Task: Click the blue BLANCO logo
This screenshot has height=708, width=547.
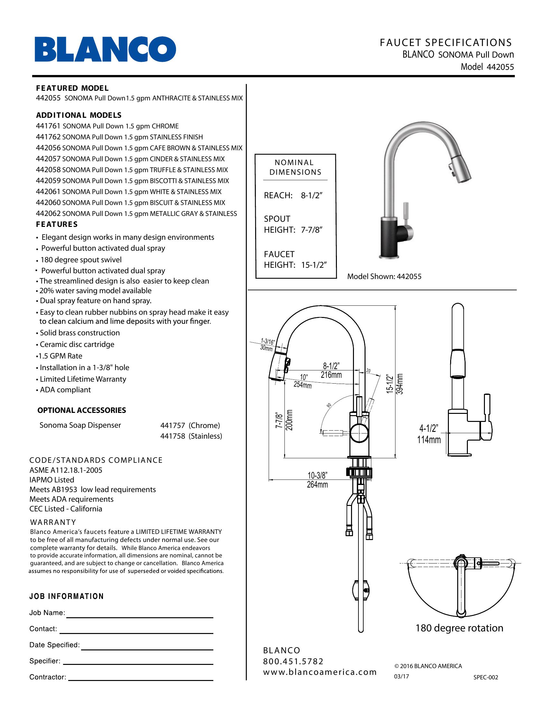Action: click(x=105, y=49)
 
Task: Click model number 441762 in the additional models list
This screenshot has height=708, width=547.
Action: click(x=48, y=137)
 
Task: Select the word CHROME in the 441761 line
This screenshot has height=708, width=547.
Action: click(x=165, y=126)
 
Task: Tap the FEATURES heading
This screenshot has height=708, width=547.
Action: click(x=57, y=224)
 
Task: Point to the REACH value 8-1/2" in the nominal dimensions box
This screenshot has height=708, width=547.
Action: click(x=312, y=195)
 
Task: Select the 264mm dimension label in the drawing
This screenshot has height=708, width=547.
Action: click(x=317, y=485)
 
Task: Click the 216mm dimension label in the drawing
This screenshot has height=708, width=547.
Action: click(x=331, y=375)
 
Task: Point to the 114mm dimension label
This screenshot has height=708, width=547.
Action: click(x=429, y=440)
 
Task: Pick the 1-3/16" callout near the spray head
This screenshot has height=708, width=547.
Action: click(x=268, y=341)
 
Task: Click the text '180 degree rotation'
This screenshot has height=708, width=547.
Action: click(x=459, y=628)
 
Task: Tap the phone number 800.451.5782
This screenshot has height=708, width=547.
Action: click(x=293, y=661)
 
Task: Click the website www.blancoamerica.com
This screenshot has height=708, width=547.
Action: click(x=320, y=672)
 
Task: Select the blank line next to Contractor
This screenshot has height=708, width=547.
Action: click(x=141, y=679)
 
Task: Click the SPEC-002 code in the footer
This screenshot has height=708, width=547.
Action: click(x=486, y=677)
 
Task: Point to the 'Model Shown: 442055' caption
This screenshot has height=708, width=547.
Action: click(x=384, y=276)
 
